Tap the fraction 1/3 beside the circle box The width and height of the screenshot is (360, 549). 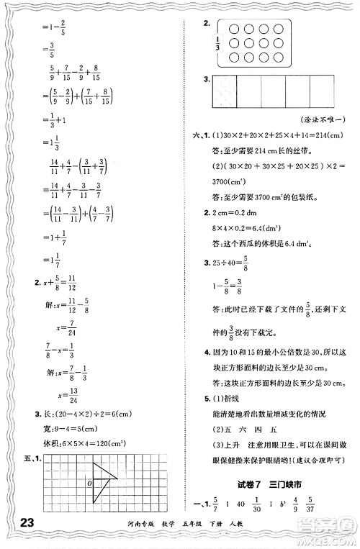218,47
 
